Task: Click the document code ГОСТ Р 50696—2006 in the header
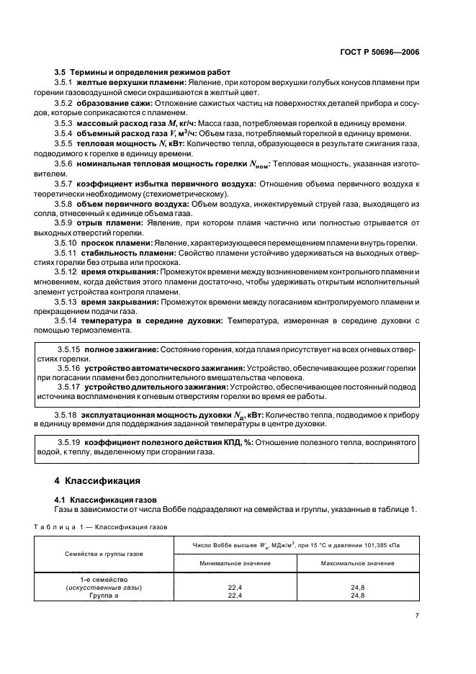383,52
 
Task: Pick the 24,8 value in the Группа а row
357,596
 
